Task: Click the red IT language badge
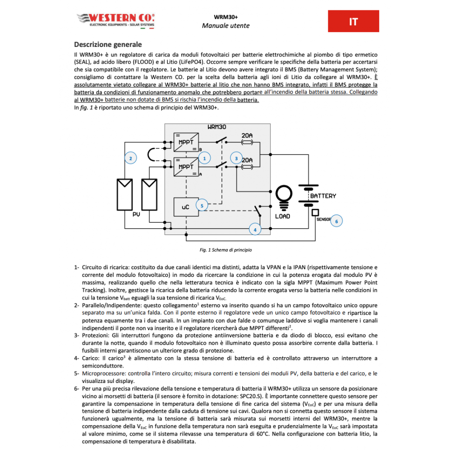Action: pyautogui.click(x=353, y=22)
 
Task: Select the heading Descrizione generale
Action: pyautogui.click(x=108, y=44)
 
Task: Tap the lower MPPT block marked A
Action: pyautogui.click(x=186, y=166)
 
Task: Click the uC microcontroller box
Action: pyautogui.click(x=185, y=207)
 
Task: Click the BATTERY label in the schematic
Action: pyautogui.click(x=323, y=196)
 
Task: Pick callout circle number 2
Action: pyautogui.click(x=130, y=158)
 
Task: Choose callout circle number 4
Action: pyautogui.click(x=255, y=230)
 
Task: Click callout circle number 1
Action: pyautogui.click(x=204, y=158)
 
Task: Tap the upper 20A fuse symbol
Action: pyautogui.click(x=247, y=142)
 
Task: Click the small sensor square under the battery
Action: pyautogui.click(x=315, y=212)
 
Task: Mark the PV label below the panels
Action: pyautogui.click(x=136, y=214)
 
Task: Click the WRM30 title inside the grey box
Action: pyautogui.click(x=217, y=128)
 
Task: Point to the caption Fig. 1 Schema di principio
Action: pyautogui.click(x=225, y=249)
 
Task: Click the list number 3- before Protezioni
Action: pyautogui.click(x=77, y=336)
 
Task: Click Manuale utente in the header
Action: pyautogui.click(x=225, y=26)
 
